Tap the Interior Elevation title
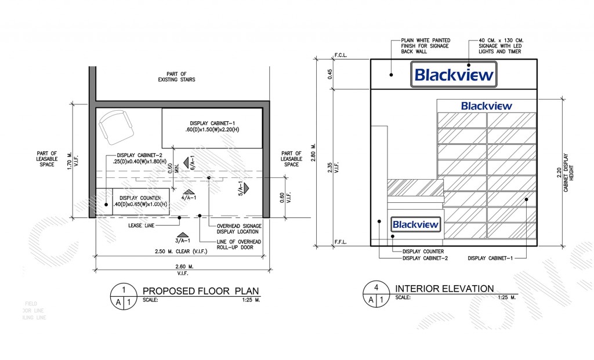[444, 289]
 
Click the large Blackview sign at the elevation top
[454, 75]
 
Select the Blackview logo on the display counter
[416, 224]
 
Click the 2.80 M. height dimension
[314, 151]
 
